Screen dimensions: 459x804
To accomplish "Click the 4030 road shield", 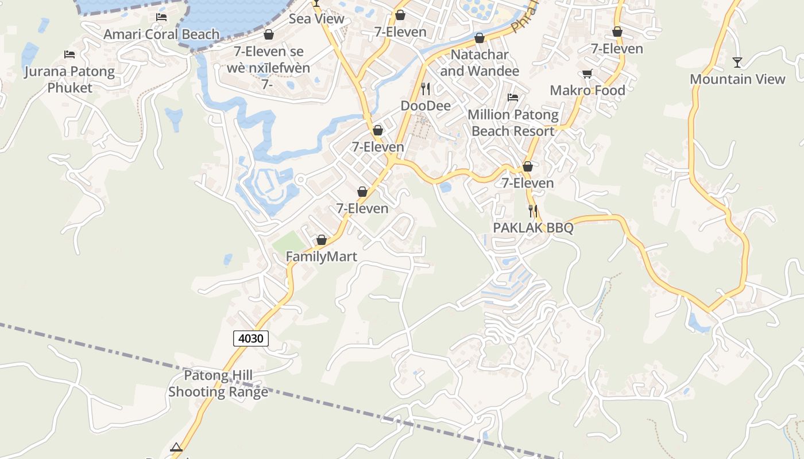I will pyautogui.click(x=251, y=339).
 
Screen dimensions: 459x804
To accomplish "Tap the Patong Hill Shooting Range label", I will pyautogui.click(x=218, y=384).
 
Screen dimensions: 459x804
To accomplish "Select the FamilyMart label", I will pyautogui.click(x=322, y=256).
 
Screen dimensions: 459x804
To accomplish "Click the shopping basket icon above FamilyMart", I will pyautogui.click(x=322, y=240).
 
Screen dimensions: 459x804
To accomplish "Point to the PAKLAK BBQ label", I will pyautogui.click(x=533, y=228).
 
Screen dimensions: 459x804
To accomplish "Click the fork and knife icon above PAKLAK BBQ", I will pyautogui.click(x=533, y=211).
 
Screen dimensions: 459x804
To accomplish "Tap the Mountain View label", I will pyautogui.click(x=737, y=79).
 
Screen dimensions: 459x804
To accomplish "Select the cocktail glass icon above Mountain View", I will pyautogui.click(x=737, y=62).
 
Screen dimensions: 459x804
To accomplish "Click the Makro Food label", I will pyautogui.click(x=587, y=90).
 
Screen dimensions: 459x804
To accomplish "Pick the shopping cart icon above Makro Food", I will pyautogui.click(x=587, y=73).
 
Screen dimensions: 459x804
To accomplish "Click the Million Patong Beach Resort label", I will pyautogui.click(x=513, y=123).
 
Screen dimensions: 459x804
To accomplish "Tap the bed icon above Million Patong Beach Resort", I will pyautogui.click(x=513, y=98).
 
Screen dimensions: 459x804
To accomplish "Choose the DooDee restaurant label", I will pyautogui.click(x=426, y=106).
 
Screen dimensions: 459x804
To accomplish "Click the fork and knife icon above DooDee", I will pyautogui.click(x=426, y=88).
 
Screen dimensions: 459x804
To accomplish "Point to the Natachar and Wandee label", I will pyautogui.click(x=480, y=63).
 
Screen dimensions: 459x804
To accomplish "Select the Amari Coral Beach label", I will pyautogui.click(x=161, y=34).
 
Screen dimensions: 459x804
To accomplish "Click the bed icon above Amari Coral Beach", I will pyautogui.click(x=161, y=17).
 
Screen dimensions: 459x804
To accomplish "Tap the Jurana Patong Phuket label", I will pyautogui.click(x=69, y=80).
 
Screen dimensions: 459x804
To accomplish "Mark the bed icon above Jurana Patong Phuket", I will pyautogui.click(x=69, y=55).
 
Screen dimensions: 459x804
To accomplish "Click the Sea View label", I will pyautogui.click(x=316, y=18).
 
